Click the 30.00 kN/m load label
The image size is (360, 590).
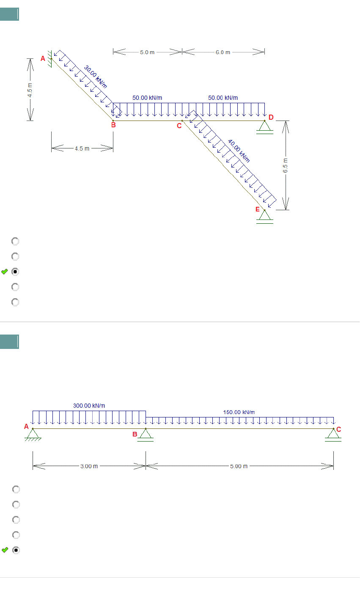pyautogui.click(x=96, y=77)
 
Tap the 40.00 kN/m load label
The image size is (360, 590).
pyautogui.click(x=239, y=151)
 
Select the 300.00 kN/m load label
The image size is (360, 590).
pyautogui.click(x=89, y=405)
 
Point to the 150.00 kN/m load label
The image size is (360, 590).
pyautogui.click(x=239, y=412)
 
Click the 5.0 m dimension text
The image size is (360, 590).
pyautogui.click(x=147, y=52)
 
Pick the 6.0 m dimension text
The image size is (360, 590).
pyautogui.click(x=223, y=52)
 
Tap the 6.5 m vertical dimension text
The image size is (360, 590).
pyautogui.click(x=285, y=165)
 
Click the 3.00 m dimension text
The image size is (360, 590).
pyautogui.click(x=89, y=466)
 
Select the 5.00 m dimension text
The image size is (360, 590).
pyautogui.click(x=239, y=466)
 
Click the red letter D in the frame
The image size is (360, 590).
pyautogui.click(x=271, y=117)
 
